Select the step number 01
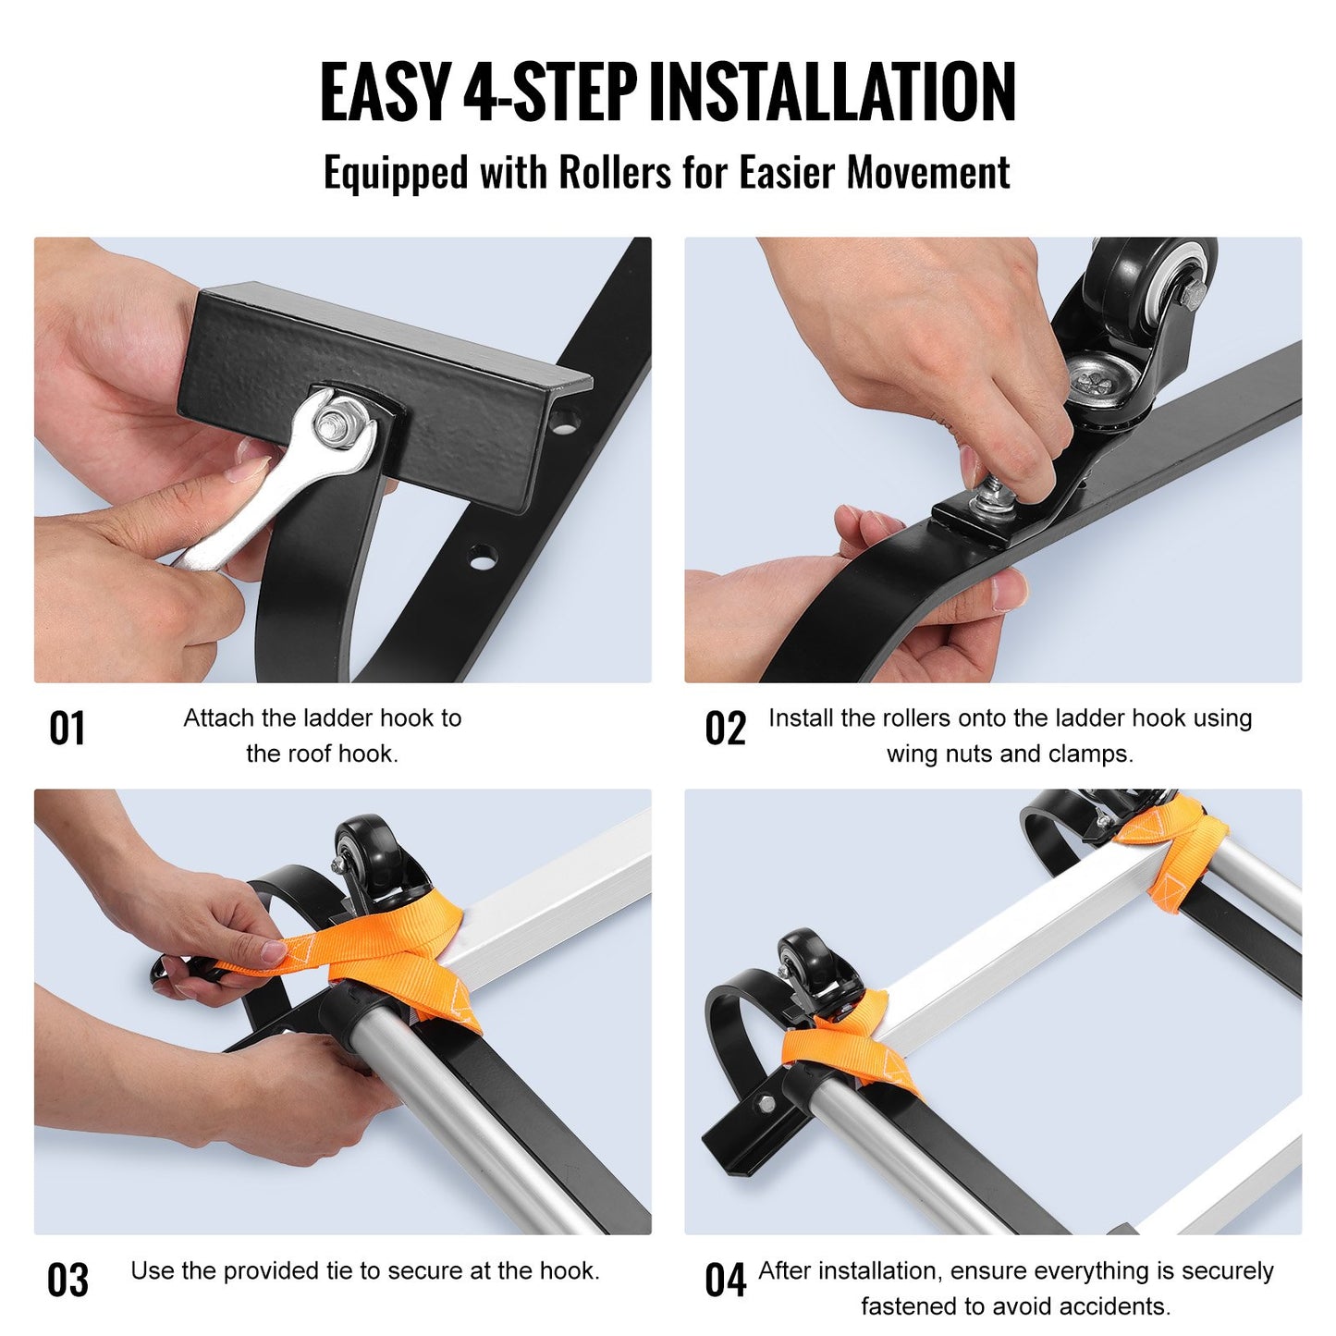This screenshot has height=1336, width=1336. tap(67, 729)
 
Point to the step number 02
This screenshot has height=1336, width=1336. tap(725, 729)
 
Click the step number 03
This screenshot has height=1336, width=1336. tap(67, 1281)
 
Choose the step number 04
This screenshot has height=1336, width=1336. tap(725, 1281)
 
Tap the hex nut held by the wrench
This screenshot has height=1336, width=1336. tap(329, 427)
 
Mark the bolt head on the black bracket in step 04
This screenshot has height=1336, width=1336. tap(764, 1104)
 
